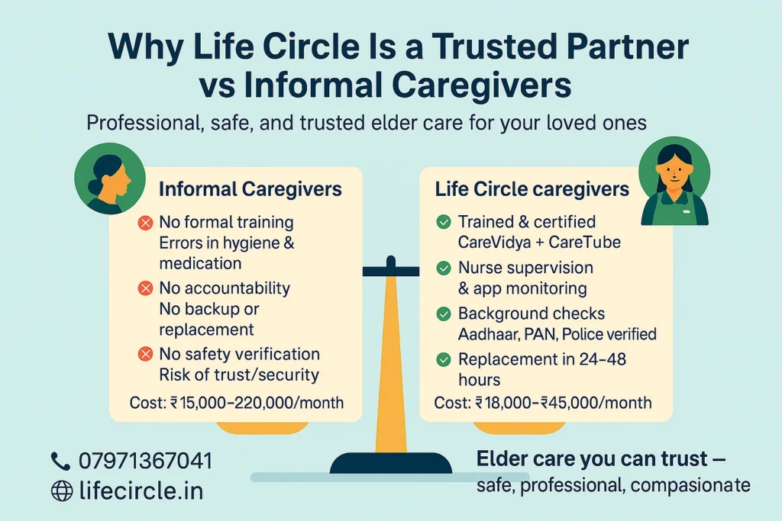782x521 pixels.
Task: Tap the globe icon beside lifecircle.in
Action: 61,490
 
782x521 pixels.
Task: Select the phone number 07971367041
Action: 145,461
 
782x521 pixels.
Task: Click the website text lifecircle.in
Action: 141,490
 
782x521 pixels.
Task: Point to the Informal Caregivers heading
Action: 250,189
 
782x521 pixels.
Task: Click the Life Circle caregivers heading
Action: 532,189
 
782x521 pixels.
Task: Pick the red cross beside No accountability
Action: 144,289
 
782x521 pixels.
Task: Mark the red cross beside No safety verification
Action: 144,355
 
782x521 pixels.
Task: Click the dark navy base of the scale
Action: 391,462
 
